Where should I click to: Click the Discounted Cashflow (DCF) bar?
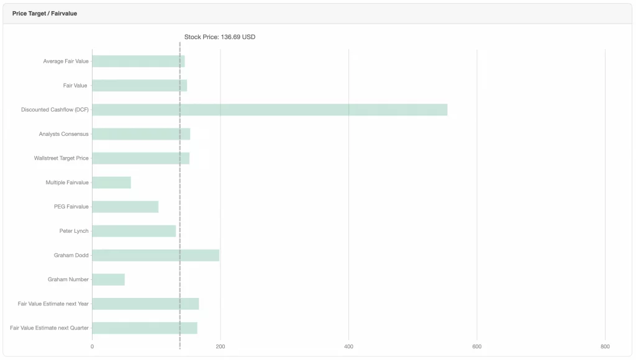[x=270, y=110]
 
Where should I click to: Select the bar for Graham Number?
[x=108, y=279]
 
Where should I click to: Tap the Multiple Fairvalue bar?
[x=111, y=182]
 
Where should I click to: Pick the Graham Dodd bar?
[x=155, y=255]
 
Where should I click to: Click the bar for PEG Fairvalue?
[x=125, y=207]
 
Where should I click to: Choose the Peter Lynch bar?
[x=134, y=231]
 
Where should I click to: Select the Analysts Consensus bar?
[x=141, y=134]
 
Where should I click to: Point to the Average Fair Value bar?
[x=138, y=61]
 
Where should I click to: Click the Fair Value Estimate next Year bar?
[x=145, y=304]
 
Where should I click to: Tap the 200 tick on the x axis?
[x=220, y=346]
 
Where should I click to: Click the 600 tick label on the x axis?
[x=477, y=346]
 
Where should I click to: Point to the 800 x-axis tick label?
[x=605, y=346]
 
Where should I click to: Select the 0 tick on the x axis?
[x=92, y=346]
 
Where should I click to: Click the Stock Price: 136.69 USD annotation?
[x=220, y=37]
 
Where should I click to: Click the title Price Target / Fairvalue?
[x=45, y=13]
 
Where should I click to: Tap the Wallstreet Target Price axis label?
[x=61, y=158]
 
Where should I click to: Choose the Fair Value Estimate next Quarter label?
[x=49, y=328]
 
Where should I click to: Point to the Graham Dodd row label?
[x=71, y=255]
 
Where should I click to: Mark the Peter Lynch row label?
[x=74, y=231]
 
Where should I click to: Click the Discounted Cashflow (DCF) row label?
[x=55, y=110]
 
